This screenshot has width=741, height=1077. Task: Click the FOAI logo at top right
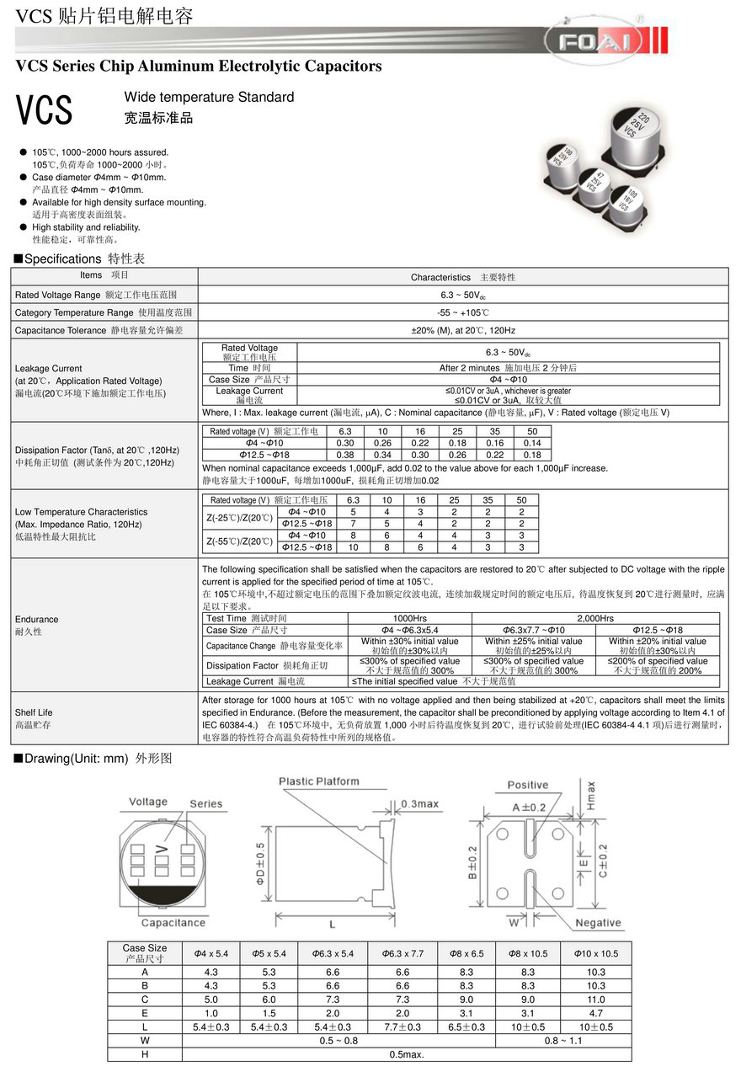tap(594, 40)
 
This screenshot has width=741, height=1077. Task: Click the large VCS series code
tap(45, 109)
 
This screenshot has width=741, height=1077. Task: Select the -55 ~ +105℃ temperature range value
tap(463, 312)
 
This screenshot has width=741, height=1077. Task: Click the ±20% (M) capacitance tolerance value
tap(463, 330)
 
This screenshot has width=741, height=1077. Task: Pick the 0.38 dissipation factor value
tap(345, 455)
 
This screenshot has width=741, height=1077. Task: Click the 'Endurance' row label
tap(37, 619)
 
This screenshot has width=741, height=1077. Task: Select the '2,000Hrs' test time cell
tap(595, 618)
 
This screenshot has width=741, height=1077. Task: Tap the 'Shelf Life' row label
tap(34, 712)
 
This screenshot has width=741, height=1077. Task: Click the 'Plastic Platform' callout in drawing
tap(319, 781)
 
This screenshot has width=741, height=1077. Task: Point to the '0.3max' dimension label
tap(419, 803)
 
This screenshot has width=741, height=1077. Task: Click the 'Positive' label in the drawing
tap(528, 785)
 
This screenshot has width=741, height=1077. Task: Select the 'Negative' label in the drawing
tap(598, 923)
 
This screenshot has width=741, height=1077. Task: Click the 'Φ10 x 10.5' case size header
tap(596, 953)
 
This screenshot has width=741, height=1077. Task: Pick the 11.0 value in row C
tap(596, 1000)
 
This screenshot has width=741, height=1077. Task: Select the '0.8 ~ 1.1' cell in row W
tap(563, 1041)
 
